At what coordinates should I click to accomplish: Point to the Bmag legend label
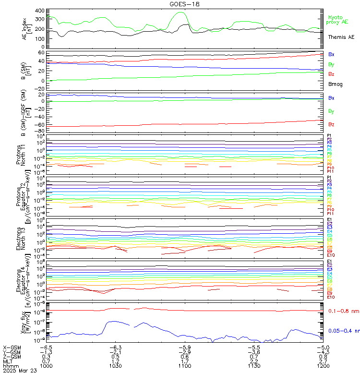tap(335, 84)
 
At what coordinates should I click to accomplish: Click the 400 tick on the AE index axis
tap(40, 11)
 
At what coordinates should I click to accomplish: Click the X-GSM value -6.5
tap(46, 347)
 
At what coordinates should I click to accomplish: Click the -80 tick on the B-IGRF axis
tap(40, 131)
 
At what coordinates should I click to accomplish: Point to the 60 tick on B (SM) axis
tap(41, 52)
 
